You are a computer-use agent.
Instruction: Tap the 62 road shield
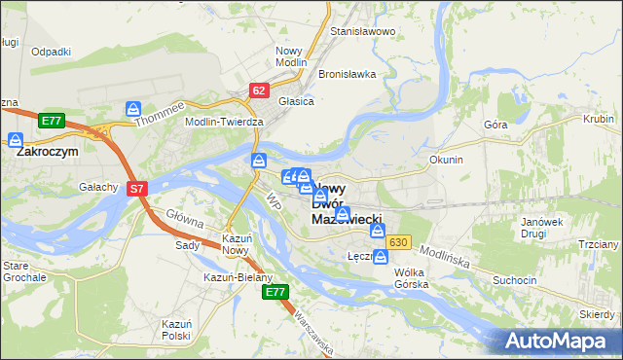click(x=258, y=90)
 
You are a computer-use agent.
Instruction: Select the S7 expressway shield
click(x=137, y=190)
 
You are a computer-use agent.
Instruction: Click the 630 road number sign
click(x=396, y=241)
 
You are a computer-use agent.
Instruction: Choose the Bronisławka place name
click(x=347, y=74)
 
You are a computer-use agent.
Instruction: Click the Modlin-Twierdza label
click(x=225, y=122)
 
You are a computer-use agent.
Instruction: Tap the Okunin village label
click(x=446, y=159)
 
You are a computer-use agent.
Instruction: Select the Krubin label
click(x=597, y=119)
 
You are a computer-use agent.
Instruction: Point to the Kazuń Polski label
click(x=176, y=329)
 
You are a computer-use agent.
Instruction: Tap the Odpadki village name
click(x=51, y=52)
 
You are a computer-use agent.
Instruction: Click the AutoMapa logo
click(x=555, y=342)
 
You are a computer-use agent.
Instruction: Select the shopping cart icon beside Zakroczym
click(x=16, y=140)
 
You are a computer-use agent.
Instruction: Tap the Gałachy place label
click(x=98, y=187)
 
